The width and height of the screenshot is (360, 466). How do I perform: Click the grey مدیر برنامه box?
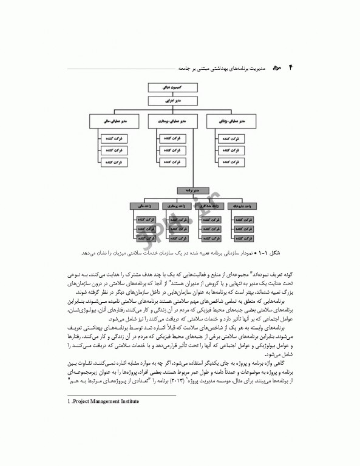[x=192, y=191]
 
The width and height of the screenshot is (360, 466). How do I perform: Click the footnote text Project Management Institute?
[x=104, y=401]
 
